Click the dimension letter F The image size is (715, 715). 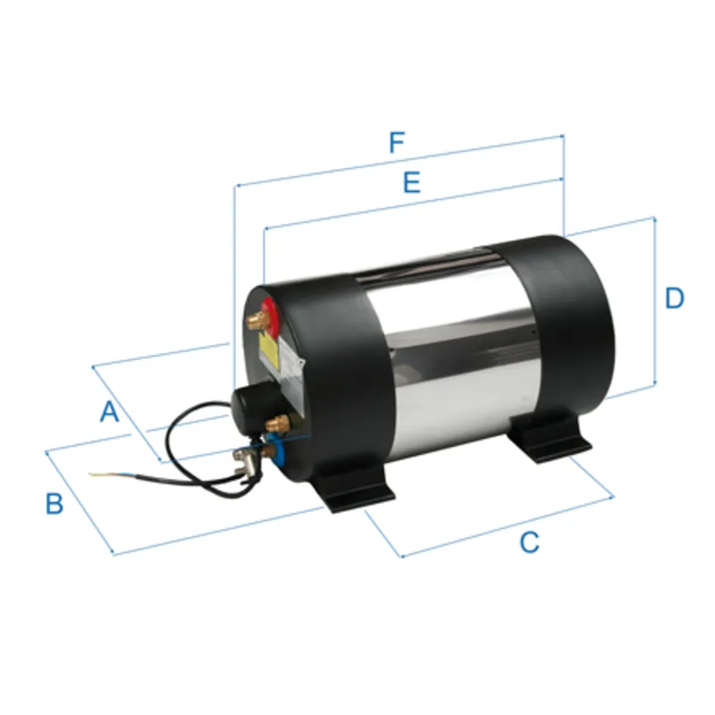point(397,143)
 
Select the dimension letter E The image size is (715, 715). point(411,183)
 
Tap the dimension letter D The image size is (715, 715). point(675,298)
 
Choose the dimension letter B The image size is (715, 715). point(55,503)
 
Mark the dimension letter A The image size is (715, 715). point(108,412)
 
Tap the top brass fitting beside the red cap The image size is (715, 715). point(258,315)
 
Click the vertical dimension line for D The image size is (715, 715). point(655,304)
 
